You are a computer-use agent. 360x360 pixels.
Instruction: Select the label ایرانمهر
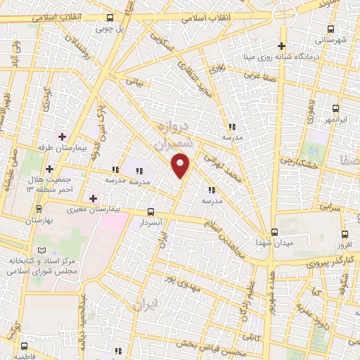coord(335,120)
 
